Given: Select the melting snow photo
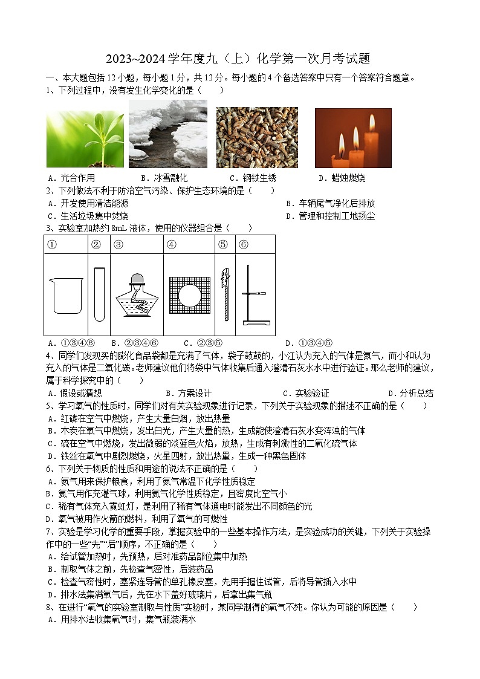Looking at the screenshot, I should tap(167, 134).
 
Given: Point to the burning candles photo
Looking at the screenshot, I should tap(353, 138).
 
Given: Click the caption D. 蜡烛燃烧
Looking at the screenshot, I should tap(342, 178).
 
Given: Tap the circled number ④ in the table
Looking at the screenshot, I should tap(171, 245).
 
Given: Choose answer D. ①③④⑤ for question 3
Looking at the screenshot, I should tap(308, 343).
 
